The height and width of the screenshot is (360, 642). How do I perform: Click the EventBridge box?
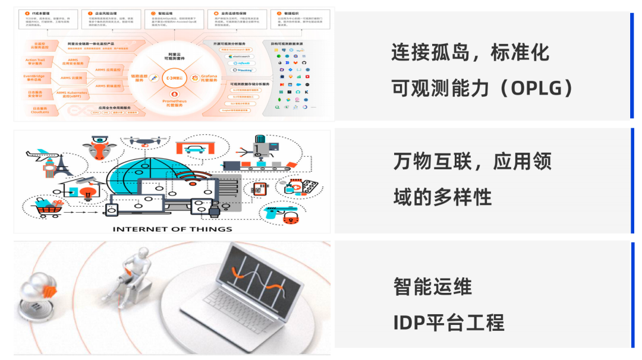coord(39,78)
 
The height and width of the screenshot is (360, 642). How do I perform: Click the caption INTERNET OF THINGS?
coord(172,229)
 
